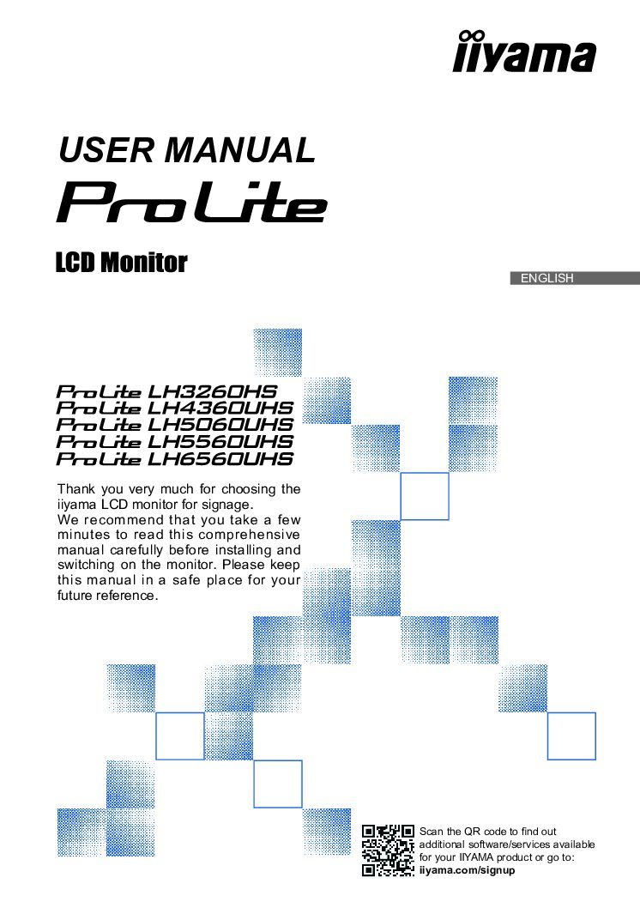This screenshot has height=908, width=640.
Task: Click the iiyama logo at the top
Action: [523, 52]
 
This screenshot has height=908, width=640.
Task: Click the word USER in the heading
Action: [105, 150]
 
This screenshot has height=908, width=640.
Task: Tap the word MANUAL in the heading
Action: [239, 150]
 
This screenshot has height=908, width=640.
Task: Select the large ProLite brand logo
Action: [191, 202]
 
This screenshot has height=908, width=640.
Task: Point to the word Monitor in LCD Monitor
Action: [143, 263]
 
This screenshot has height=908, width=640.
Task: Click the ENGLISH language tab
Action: [546, 278]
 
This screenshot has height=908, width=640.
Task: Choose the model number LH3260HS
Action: [213, 391]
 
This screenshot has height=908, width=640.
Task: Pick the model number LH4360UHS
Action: [220, 409]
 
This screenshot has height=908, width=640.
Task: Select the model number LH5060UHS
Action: [220, 425]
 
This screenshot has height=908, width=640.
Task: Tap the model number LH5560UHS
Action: [220, 442]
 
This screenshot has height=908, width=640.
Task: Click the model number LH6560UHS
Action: [220, 459]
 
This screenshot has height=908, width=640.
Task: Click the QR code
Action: [389, 850]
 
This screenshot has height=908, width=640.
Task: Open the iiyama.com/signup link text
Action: [467, 869]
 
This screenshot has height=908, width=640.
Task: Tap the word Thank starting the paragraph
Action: [75, 489]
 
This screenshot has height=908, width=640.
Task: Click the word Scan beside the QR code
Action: [431, 832]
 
